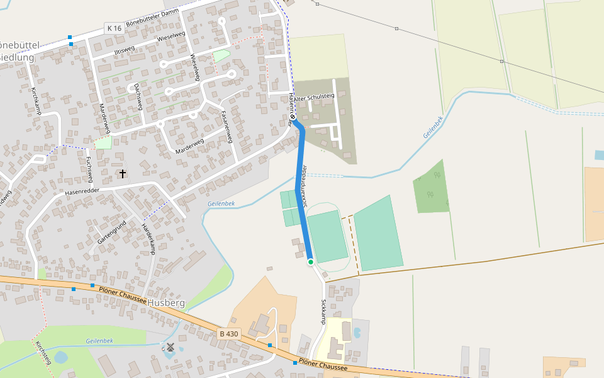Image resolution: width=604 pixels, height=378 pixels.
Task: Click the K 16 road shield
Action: tap(114, 28)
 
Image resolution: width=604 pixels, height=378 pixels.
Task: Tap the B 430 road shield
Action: tap(230, 333)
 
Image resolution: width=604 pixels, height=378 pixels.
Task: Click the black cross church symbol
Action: tap(122, 173)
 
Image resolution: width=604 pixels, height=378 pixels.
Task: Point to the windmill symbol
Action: tap(170, 346)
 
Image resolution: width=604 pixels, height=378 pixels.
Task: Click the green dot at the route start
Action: tap(310, 261)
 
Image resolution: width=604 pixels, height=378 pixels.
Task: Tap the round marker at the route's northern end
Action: tap(293, 117)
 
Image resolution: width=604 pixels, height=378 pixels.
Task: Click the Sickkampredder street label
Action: tap(305, 186)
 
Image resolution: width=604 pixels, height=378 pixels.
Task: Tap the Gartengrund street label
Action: tap(112, 232)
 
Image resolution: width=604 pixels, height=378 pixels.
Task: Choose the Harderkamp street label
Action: tap(148, 238)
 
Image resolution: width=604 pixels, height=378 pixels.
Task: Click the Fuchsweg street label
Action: tap(89, 167)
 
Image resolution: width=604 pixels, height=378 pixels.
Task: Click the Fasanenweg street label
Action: tap(227, 126)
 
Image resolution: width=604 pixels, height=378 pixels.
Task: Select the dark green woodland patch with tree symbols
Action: tap(432, 188)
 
